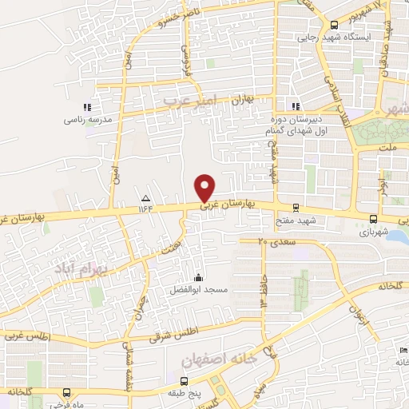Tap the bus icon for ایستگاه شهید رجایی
click(x=334, y=25)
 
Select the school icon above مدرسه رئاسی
click(x=87, y=107)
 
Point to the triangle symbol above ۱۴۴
click(x=145, y=197)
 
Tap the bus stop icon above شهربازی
click(x=373, y=219)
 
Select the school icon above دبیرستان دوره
click(x=296, y=105)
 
